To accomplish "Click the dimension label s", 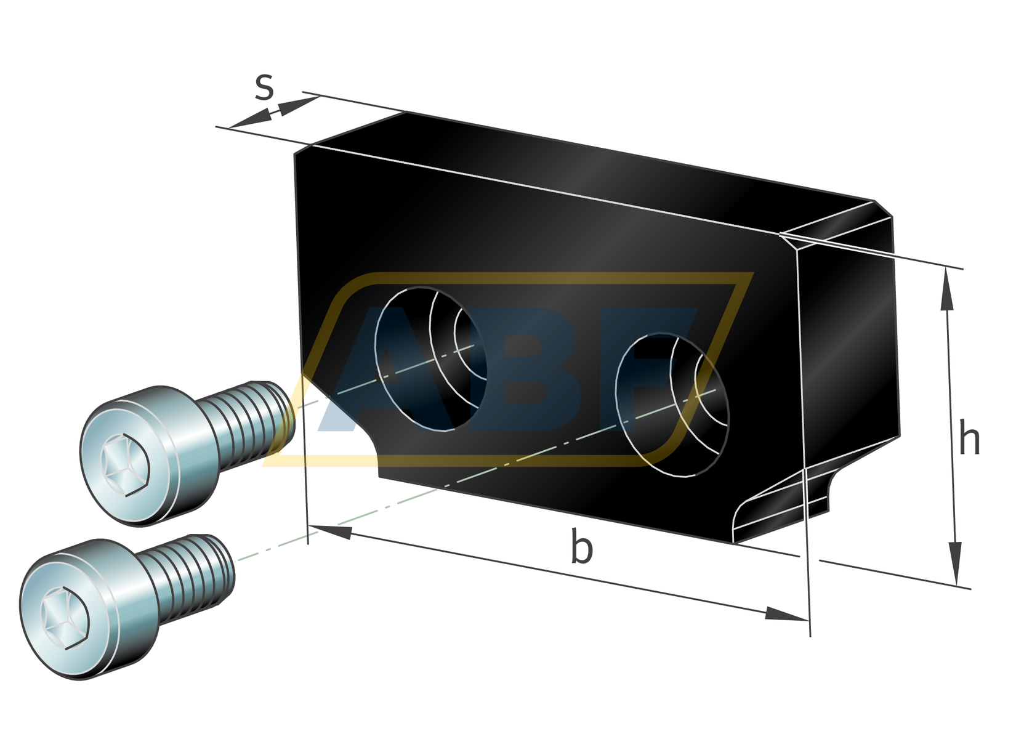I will (x=264, y=88).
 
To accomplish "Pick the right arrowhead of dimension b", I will (x=785, y=614).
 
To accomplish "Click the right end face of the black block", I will (x=850, y=345).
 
